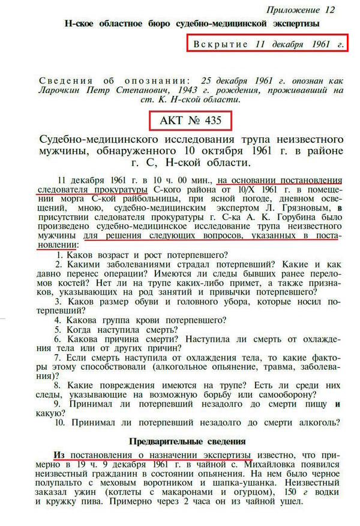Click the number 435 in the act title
tap(211, 121)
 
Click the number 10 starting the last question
tap(59, 422)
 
